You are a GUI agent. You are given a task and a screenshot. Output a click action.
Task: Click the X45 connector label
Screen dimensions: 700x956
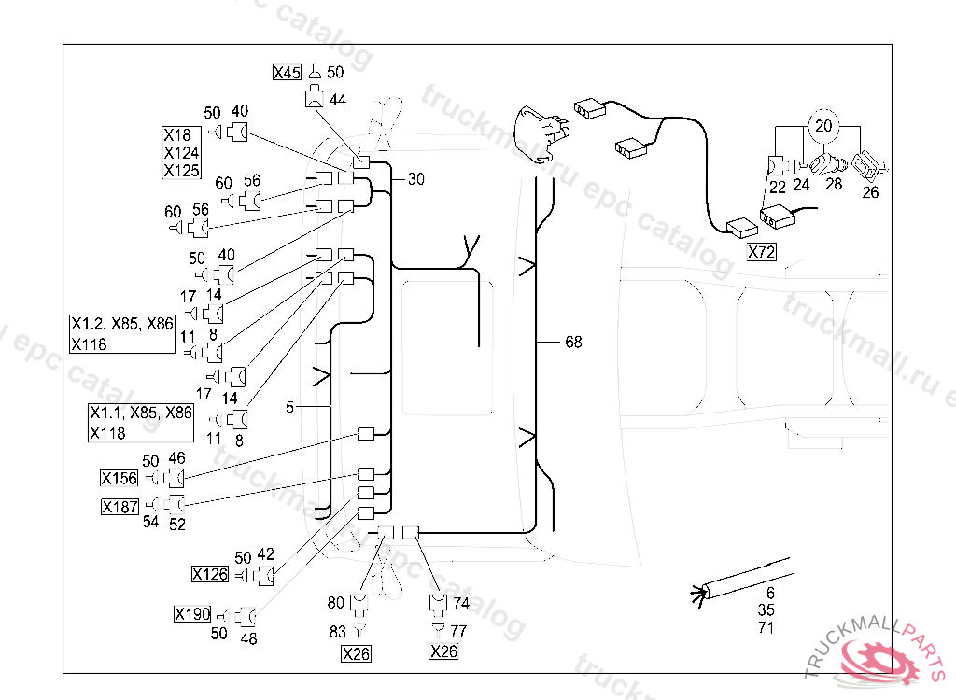pos(287,72)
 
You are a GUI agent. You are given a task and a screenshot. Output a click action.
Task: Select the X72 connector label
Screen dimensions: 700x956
pos(761,252)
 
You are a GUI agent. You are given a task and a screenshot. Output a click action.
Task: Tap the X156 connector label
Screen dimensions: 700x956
pos(119,479)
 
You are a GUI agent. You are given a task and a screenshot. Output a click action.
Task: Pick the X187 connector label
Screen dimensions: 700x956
pos(119,507)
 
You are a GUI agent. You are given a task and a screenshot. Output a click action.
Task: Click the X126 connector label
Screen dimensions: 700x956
pos(210,574)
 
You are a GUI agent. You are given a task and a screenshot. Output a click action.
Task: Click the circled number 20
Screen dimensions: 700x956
pos(822,124)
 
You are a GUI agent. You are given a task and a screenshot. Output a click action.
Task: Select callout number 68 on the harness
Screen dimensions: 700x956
pos(573,343)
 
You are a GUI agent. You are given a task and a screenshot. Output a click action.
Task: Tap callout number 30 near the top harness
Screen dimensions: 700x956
pos(415,179)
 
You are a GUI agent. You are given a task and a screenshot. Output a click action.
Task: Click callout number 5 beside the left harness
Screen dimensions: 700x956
pos(290,408)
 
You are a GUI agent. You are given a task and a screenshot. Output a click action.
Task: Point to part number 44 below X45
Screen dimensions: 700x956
pos(337,99)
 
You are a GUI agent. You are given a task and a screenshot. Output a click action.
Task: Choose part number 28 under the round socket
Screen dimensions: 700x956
pos(834,185)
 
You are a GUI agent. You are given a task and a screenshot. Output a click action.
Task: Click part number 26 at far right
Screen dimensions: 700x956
pos(870,193)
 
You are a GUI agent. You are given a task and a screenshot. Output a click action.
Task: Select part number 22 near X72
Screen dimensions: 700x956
pos(777,186)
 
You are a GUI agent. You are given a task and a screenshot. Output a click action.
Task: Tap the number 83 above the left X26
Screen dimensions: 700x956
pos(338,632)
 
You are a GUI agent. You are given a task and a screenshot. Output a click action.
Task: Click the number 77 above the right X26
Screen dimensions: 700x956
pos(459,631)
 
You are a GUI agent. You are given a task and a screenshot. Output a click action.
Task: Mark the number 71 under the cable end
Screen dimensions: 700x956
pos(766,628)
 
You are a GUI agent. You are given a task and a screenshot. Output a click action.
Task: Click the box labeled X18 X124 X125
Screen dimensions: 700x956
pos(181,151)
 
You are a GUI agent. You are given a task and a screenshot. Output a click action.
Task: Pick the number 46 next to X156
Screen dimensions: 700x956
pos(176,458)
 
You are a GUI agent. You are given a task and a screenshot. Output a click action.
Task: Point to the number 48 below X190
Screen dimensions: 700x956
pos(248,639)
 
